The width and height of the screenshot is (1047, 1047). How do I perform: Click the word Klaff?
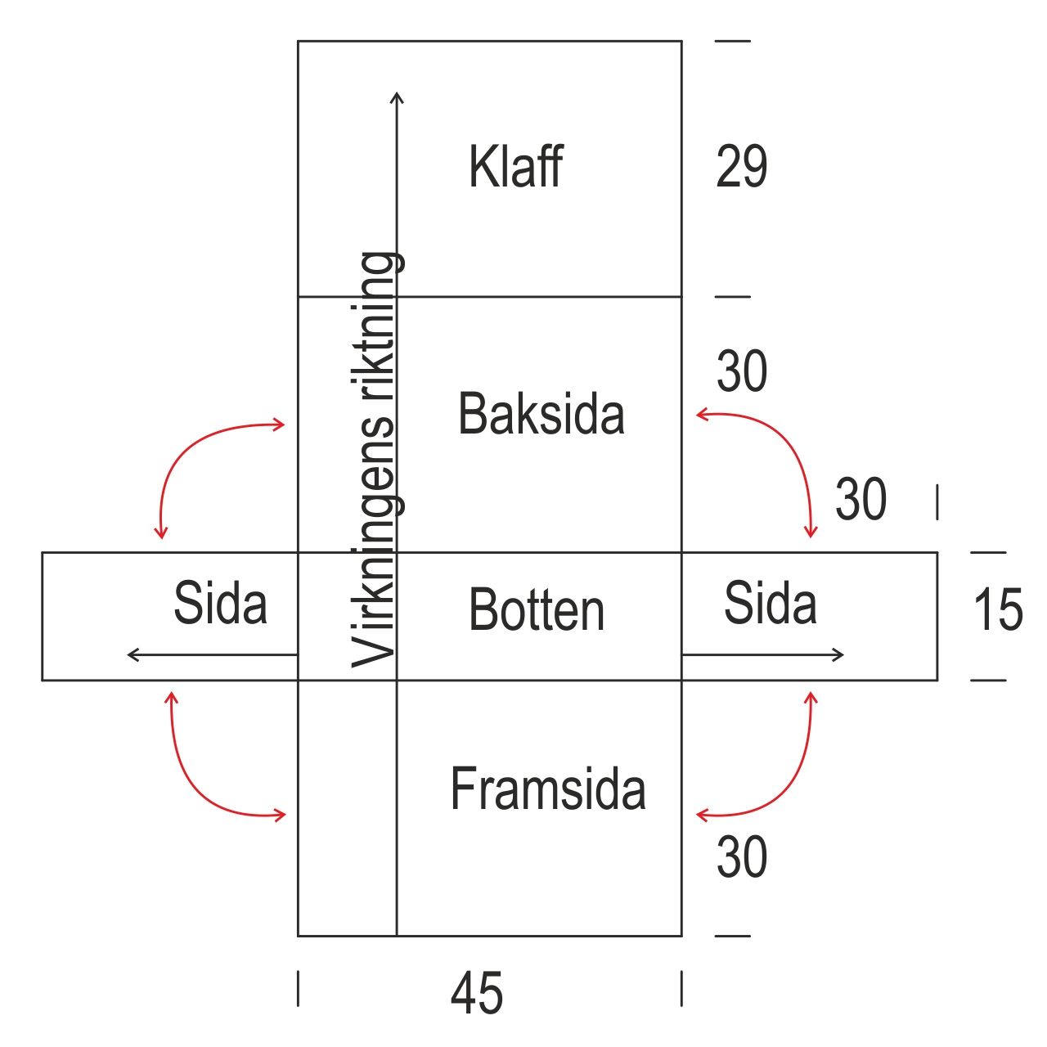tap(515, 167)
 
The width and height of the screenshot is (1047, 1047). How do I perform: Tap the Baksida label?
tap(541, 413)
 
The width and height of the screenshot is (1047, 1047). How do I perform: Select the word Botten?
tap(537, 610)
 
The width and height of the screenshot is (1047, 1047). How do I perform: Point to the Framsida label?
tap(547, 789)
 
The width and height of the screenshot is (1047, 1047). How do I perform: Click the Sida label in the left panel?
tap(220, 604)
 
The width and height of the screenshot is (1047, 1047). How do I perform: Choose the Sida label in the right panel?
tap(770, 604)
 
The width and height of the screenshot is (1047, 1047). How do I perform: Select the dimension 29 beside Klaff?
tap(741, 167)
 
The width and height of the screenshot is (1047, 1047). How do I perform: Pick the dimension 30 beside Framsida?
tap(741, 858)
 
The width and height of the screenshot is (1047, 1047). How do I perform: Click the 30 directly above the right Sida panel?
tap(861, 499)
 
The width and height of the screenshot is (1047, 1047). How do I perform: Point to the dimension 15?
tap(998, 610)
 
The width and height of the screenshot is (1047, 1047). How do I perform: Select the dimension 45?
tap(476, 994)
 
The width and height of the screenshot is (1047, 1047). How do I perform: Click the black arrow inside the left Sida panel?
tap(212, 654)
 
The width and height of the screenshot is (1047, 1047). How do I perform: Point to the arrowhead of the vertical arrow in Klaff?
tap(397, 97)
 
